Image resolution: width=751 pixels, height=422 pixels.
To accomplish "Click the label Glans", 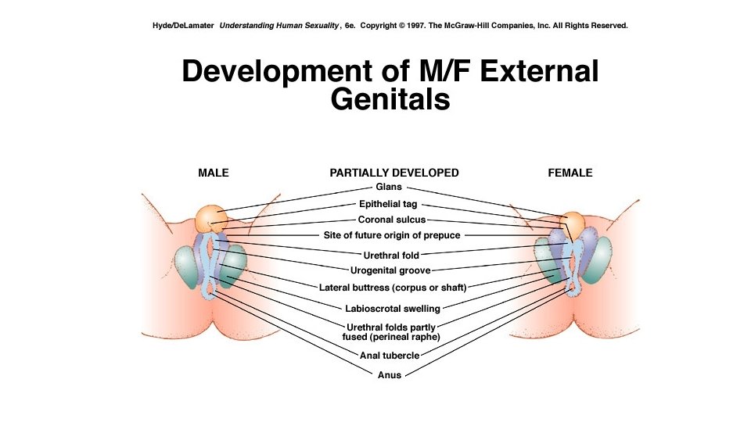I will point(389,188).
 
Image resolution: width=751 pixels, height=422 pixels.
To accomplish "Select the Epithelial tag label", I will point(388,204).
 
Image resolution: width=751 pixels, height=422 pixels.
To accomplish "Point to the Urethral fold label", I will point(391,255).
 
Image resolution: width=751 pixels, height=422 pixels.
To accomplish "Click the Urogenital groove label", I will point(390,270).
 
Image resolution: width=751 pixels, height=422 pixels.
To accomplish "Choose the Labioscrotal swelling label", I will point(393,309).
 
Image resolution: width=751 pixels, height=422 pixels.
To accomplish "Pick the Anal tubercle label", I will point(390,356).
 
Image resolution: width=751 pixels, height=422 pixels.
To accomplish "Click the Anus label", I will point(389,375).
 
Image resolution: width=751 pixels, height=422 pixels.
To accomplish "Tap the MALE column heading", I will point(214,173).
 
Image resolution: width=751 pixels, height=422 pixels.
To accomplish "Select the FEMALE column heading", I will point(570,173).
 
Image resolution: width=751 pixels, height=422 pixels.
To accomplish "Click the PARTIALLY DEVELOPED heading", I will point(394,173).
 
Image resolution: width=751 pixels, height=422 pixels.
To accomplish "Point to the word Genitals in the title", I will point(390,100).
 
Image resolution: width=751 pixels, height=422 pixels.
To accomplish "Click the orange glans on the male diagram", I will point(210,218).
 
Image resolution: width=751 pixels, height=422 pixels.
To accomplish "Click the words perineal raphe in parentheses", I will point(409,337).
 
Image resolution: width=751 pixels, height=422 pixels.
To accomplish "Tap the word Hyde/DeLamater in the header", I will point(184,26).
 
